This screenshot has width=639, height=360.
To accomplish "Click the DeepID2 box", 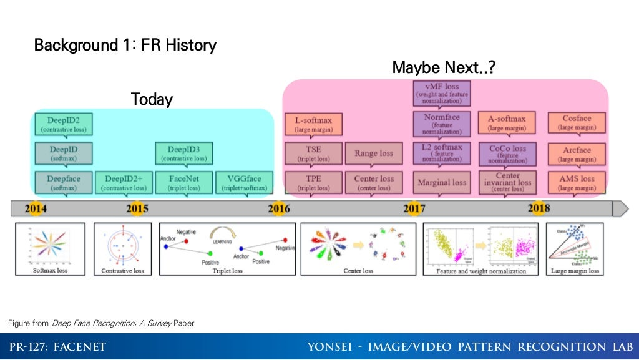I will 64,123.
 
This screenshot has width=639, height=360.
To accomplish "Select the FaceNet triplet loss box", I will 183,182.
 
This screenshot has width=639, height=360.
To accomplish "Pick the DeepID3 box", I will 183,153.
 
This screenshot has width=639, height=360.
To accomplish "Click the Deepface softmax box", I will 64,182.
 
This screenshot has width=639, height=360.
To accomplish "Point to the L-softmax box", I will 313,123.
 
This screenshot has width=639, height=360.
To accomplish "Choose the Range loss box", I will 374,153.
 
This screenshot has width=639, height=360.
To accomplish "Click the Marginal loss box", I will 442,182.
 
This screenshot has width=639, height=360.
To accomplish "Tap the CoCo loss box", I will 507,153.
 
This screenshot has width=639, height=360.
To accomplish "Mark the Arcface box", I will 576,153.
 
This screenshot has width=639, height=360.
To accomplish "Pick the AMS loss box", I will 576,182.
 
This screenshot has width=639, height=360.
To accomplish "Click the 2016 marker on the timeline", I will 279,208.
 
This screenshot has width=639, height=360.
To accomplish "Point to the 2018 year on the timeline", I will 539,208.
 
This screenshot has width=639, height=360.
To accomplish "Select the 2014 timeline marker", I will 36,208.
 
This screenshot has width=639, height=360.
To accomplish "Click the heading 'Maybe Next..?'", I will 444,67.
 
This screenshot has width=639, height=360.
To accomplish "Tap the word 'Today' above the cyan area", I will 152,99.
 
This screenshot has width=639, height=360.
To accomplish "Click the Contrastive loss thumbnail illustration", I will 122,249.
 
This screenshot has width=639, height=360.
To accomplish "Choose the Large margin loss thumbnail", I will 575,249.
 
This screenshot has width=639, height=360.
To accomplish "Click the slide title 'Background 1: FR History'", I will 125,45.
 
